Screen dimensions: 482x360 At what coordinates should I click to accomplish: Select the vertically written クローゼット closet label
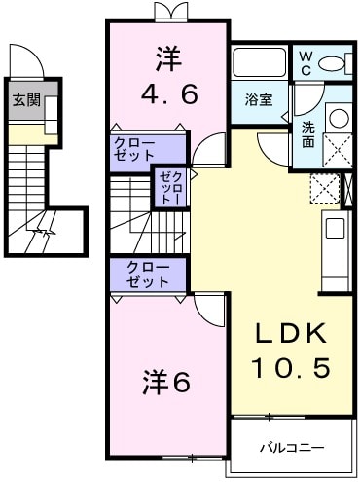click(x=168, y=187)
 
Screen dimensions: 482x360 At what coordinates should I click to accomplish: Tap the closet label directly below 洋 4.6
click(x=146, y=148)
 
